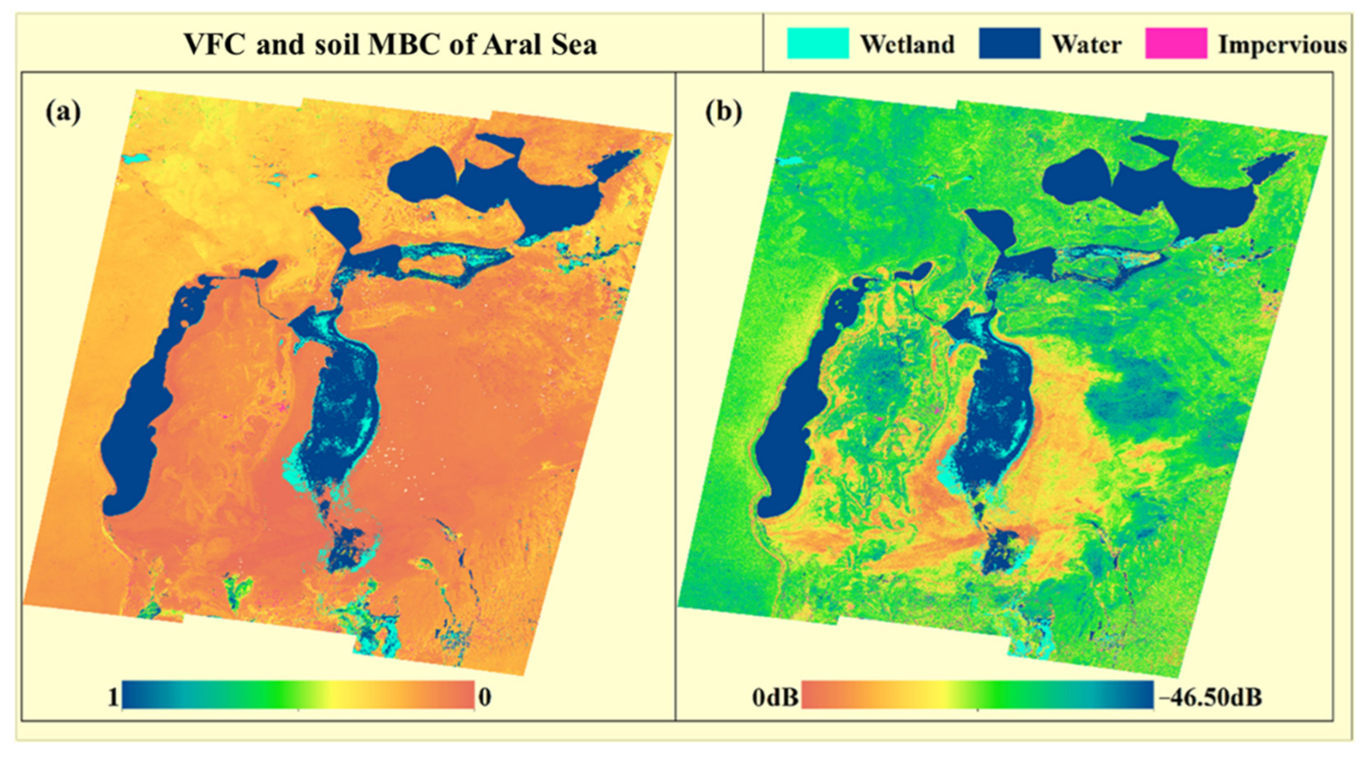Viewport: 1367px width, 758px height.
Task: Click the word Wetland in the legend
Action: pyautogui.click(x=907, y=44)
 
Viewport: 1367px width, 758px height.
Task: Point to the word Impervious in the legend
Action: pyautogui.click(x=1282, y=44)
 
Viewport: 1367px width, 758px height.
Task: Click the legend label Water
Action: pyautogui.click(x=1086, y=44)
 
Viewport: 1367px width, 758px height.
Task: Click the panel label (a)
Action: pyautogui.click(x=63, y=112)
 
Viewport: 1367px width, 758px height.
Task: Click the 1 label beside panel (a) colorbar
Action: pyautogui.click(x=113, y=697)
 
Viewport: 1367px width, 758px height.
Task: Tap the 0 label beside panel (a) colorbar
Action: pyautogui.click(x=484, y=697)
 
